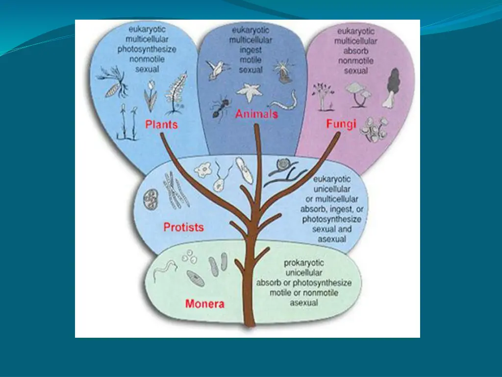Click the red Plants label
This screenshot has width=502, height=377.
(161, 125)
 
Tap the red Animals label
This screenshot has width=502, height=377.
(256, 114)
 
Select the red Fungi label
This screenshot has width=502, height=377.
(341, 125)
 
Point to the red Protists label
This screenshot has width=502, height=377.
(183, 227)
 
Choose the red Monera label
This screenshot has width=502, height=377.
(204, 303)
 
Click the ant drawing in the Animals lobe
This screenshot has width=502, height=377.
(220, 108)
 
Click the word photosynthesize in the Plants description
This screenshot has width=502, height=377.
(147, 49)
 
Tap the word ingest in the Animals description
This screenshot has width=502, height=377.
(251, 50)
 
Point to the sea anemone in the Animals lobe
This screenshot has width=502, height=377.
(284, 71)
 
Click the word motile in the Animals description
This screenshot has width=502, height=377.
(251, 60)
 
